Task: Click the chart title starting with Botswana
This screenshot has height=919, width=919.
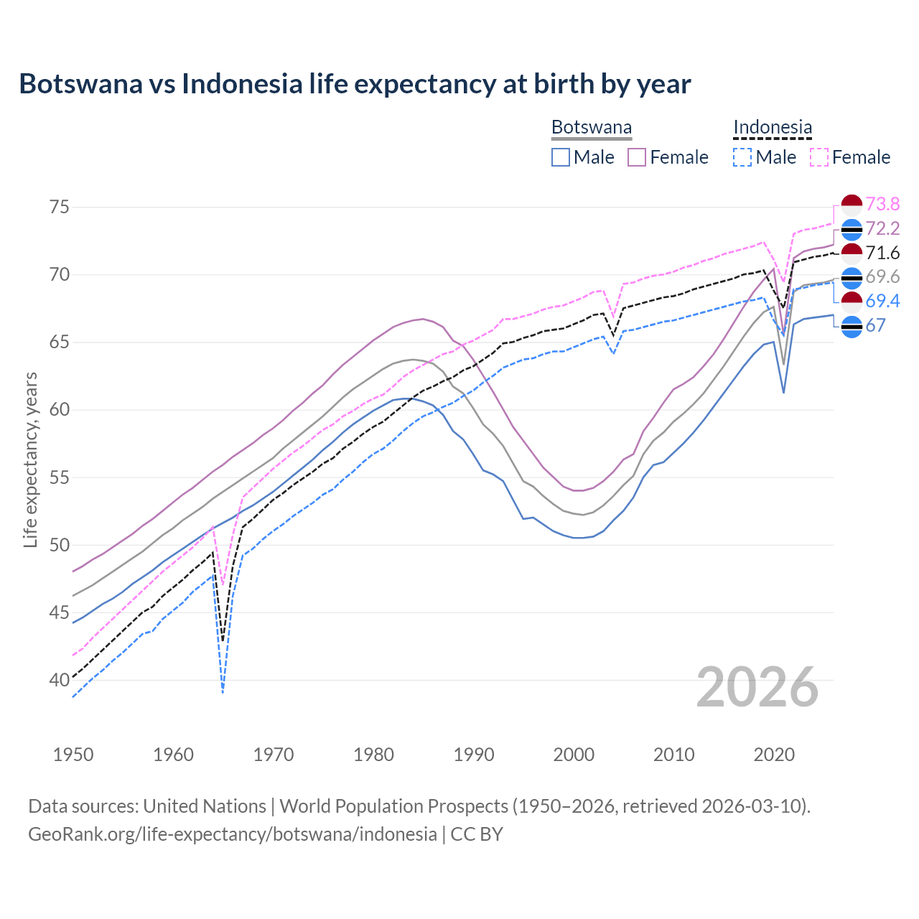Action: [355, 84]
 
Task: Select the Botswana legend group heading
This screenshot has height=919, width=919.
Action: [592, 127]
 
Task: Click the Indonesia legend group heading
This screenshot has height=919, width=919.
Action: [773, 127]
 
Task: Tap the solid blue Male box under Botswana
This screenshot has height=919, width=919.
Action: [561, 157]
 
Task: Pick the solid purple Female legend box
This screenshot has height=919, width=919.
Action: [637, 157]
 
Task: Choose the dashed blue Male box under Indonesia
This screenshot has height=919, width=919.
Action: [742, 157]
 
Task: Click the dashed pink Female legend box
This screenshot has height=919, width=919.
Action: [819, 157]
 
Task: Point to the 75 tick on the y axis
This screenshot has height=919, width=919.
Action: [60, 207]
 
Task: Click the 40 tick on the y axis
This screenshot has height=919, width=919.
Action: [60, 680]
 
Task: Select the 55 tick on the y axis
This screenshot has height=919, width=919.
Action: [60, 477]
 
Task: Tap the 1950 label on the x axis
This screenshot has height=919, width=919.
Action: [73, 755]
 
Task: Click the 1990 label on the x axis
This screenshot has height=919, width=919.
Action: [474, 755]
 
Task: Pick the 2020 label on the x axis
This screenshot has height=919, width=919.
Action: [774, 755]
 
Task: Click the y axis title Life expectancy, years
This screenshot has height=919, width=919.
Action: [31, 459]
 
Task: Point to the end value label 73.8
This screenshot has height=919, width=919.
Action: [882, 205]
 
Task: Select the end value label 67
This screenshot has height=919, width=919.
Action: [875, 325]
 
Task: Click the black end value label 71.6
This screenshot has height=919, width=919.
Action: [882, 253]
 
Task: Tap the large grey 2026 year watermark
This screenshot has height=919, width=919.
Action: [757, 687]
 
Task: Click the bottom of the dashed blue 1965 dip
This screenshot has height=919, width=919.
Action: [223, 692]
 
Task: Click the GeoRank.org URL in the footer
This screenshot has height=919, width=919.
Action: [233, 834]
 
